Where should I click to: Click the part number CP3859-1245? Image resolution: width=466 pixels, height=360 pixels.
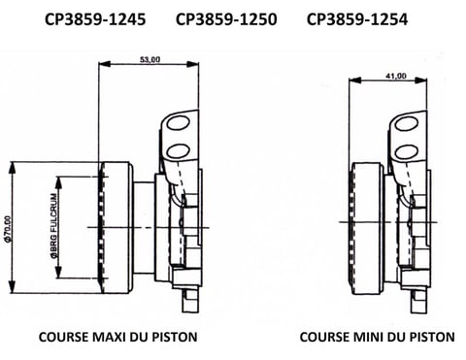(x=95, y=19)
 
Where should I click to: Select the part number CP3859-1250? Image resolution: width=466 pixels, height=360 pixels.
(x=226, y=19)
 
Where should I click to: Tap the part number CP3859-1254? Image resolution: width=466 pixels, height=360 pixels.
(x=357, y=19)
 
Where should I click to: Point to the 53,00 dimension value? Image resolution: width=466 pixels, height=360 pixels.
(x=150, y=59)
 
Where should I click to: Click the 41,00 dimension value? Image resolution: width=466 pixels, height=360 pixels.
(x=396, y=76)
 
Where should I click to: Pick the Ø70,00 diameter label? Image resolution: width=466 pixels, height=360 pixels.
(x=8, y=229)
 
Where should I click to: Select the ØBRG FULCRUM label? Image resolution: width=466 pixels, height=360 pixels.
(x=54, y=226)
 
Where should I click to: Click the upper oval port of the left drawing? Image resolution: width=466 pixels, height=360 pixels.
(x=178, y=123)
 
